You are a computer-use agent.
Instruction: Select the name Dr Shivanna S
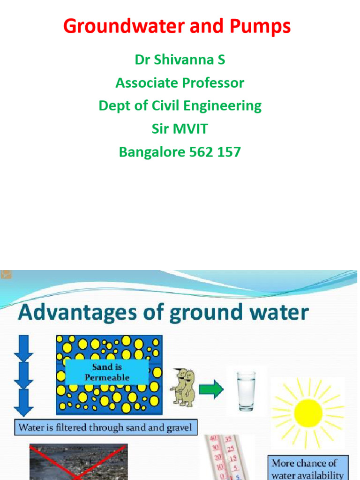(180, 60)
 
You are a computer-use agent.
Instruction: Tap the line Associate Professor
(180, 83)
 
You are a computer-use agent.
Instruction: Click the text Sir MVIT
(180, 129)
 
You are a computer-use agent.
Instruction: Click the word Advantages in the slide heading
(69, 312)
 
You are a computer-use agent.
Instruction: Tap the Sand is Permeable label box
(107, 372)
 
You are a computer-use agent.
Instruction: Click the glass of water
(246, 391)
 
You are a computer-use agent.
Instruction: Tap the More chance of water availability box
(308, 468)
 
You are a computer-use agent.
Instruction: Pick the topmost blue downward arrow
(24, 347)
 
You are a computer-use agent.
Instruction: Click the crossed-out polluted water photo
(78, 462)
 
